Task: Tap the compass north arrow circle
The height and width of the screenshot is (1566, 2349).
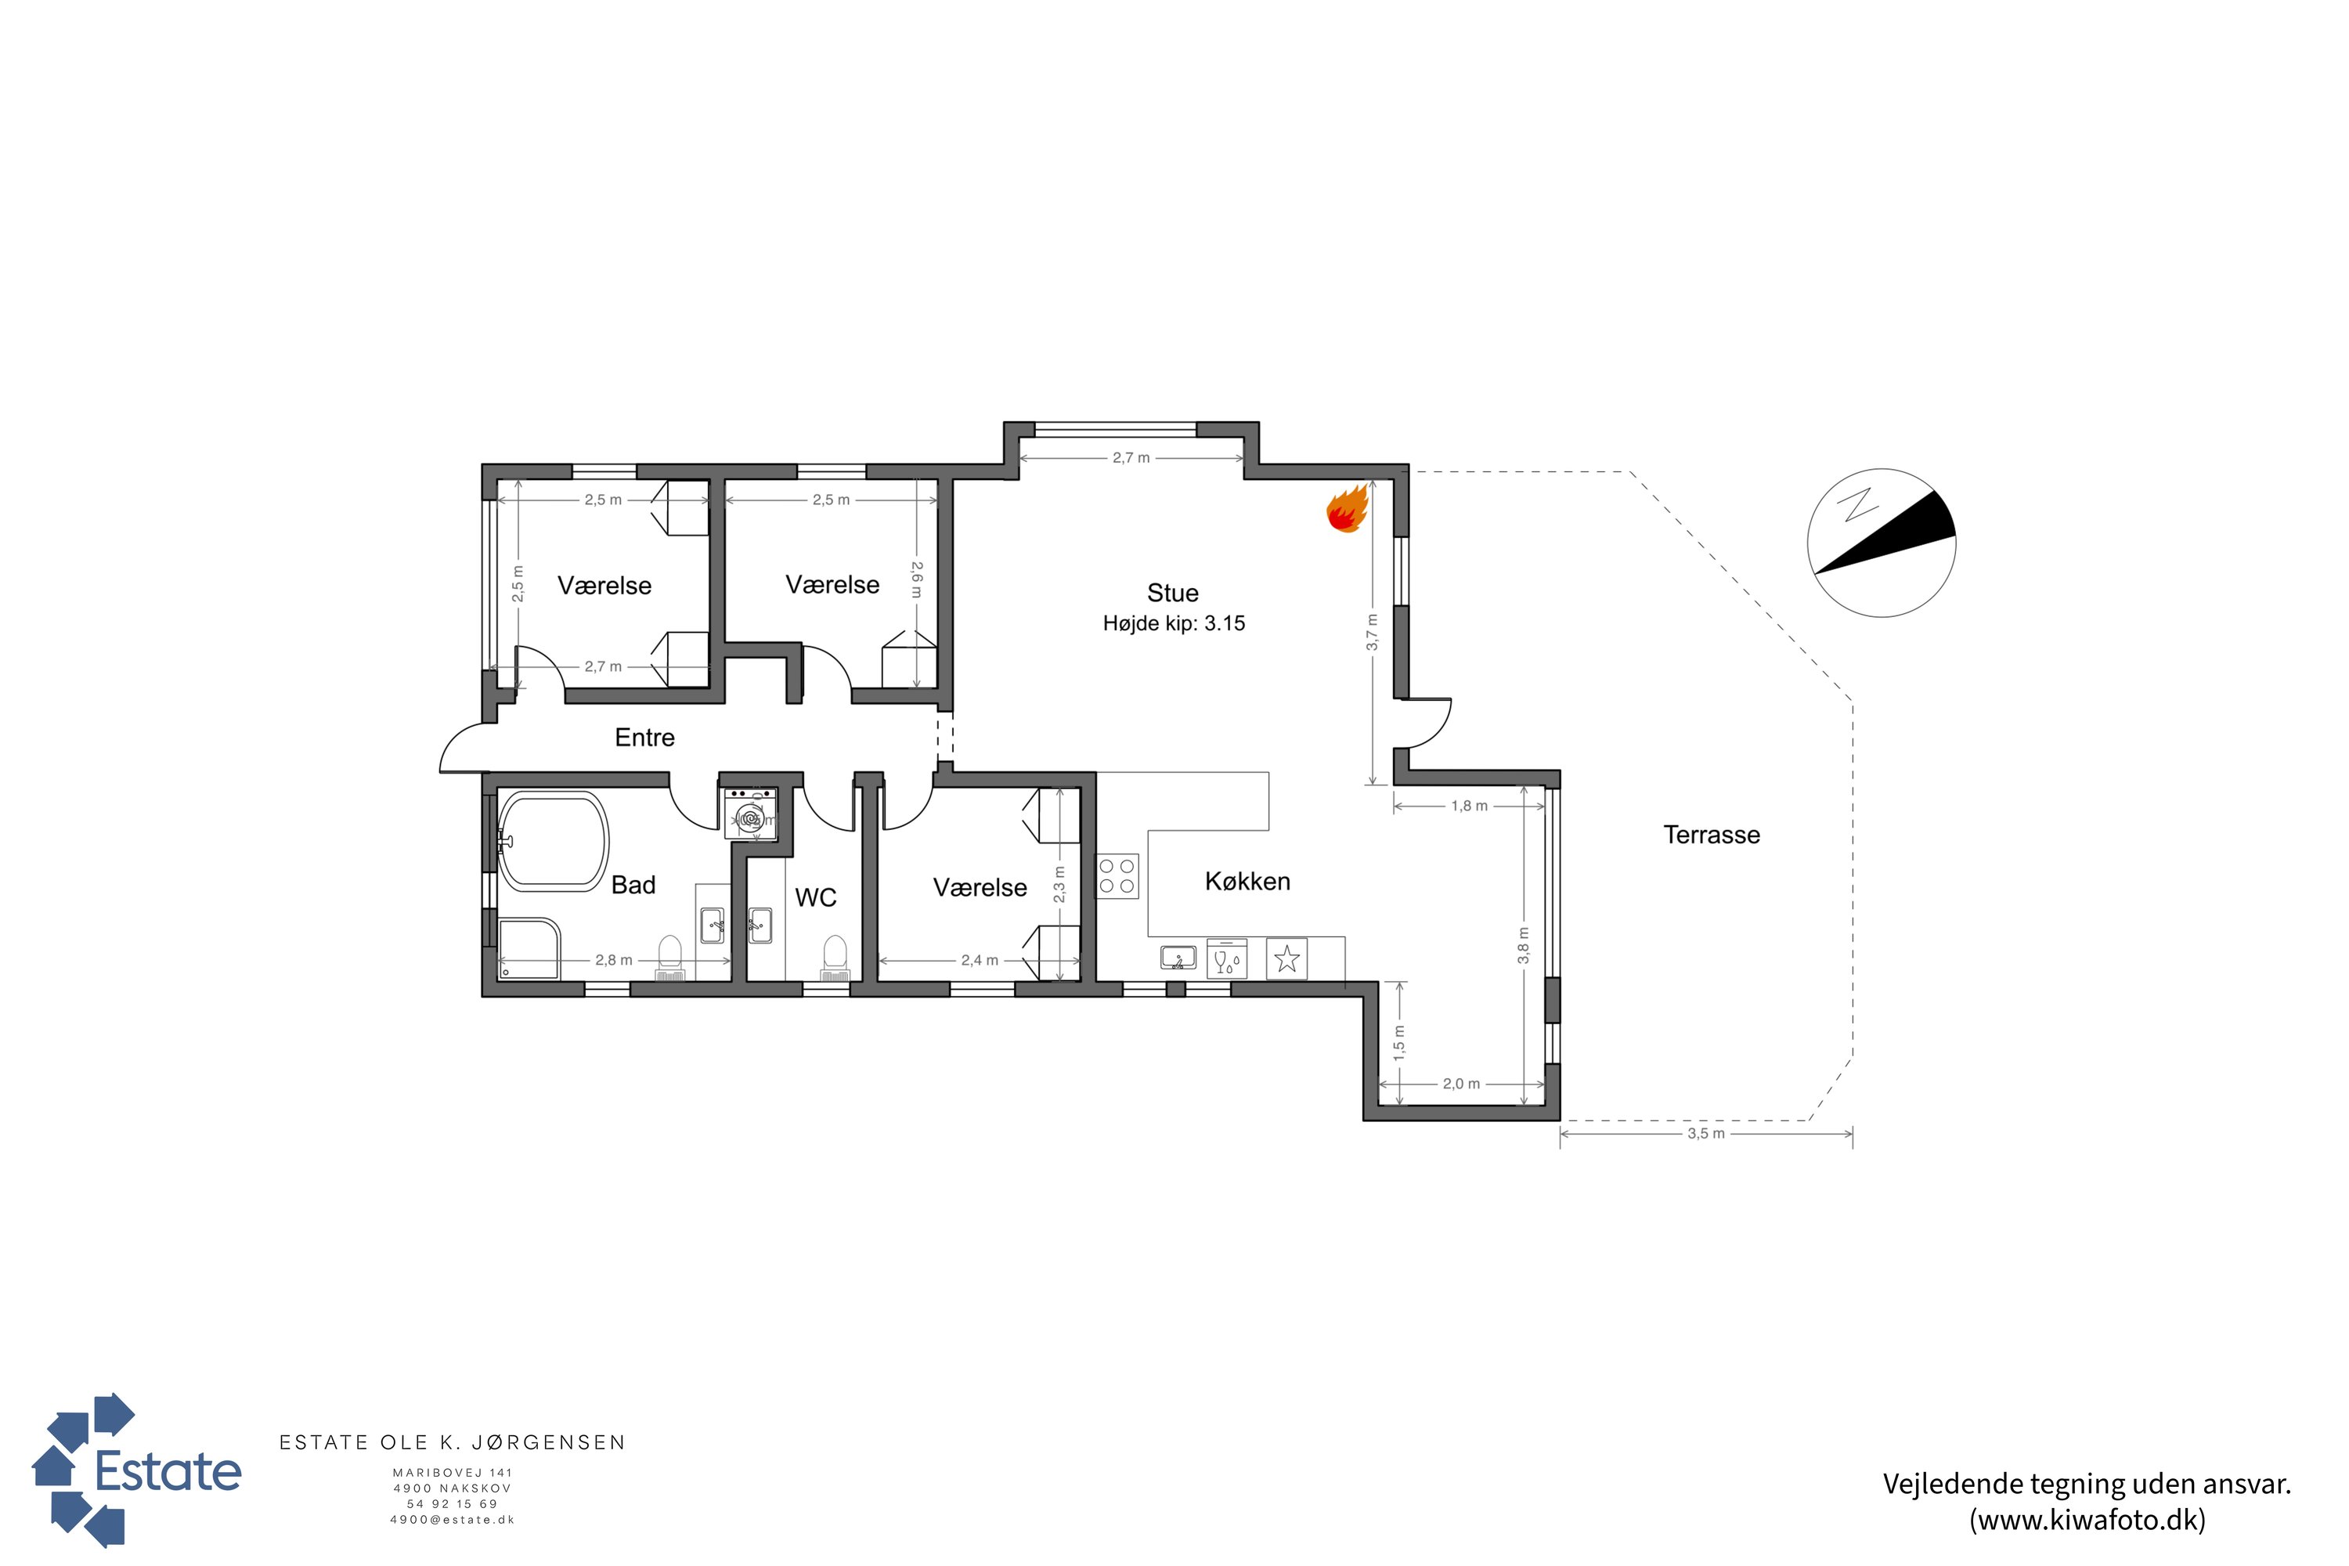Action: pyautogui.click(x=1882, y=543)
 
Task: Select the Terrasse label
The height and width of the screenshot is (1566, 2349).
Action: pyautogui.click(x=1712, y=835)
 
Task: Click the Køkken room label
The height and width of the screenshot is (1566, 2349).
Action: pyautogui.click(x=1247, y=881)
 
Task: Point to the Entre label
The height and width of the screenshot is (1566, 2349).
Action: pyautogui.click(x=644, y=737)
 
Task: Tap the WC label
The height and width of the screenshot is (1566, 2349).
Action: pyautogui.click(x=815, y=898)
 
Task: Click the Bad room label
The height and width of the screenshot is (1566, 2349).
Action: pyautogui.click(x=633, y=885)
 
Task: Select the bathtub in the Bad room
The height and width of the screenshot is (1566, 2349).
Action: pyautogui.click(x=552, y=841)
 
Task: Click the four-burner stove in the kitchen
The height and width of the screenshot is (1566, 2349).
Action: pyautogui.click(x=1117, y=877)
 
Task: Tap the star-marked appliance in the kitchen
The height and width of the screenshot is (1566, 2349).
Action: pyautogui.click(x=1287, y=958)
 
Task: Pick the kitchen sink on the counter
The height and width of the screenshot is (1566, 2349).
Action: pyautogui.click(x=1178, y=958)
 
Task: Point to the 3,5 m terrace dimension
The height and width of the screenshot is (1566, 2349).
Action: pyautogui.click(x=1706, y=1134)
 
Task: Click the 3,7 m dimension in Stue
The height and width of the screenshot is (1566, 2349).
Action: pyautogui.click(x=1373, y=632)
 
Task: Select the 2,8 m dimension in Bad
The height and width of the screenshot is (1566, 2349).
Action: pyautogui.click(x=614, y=960)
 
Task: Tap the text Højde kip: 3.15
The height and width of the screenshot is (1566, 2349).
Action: pyautogui.click(x=1174, y=623)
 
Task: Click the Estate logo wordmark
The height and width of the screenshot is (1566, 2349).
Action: pyautogui.click(x=168, y=1471)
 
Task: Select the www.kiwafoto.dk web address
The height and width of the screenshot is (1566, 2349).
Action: pyautogui.click(x=2087, y=1520)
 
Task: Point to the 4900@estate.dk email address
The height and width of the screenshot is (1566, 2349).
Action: pyautogui.click(x=453, y=1520)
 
